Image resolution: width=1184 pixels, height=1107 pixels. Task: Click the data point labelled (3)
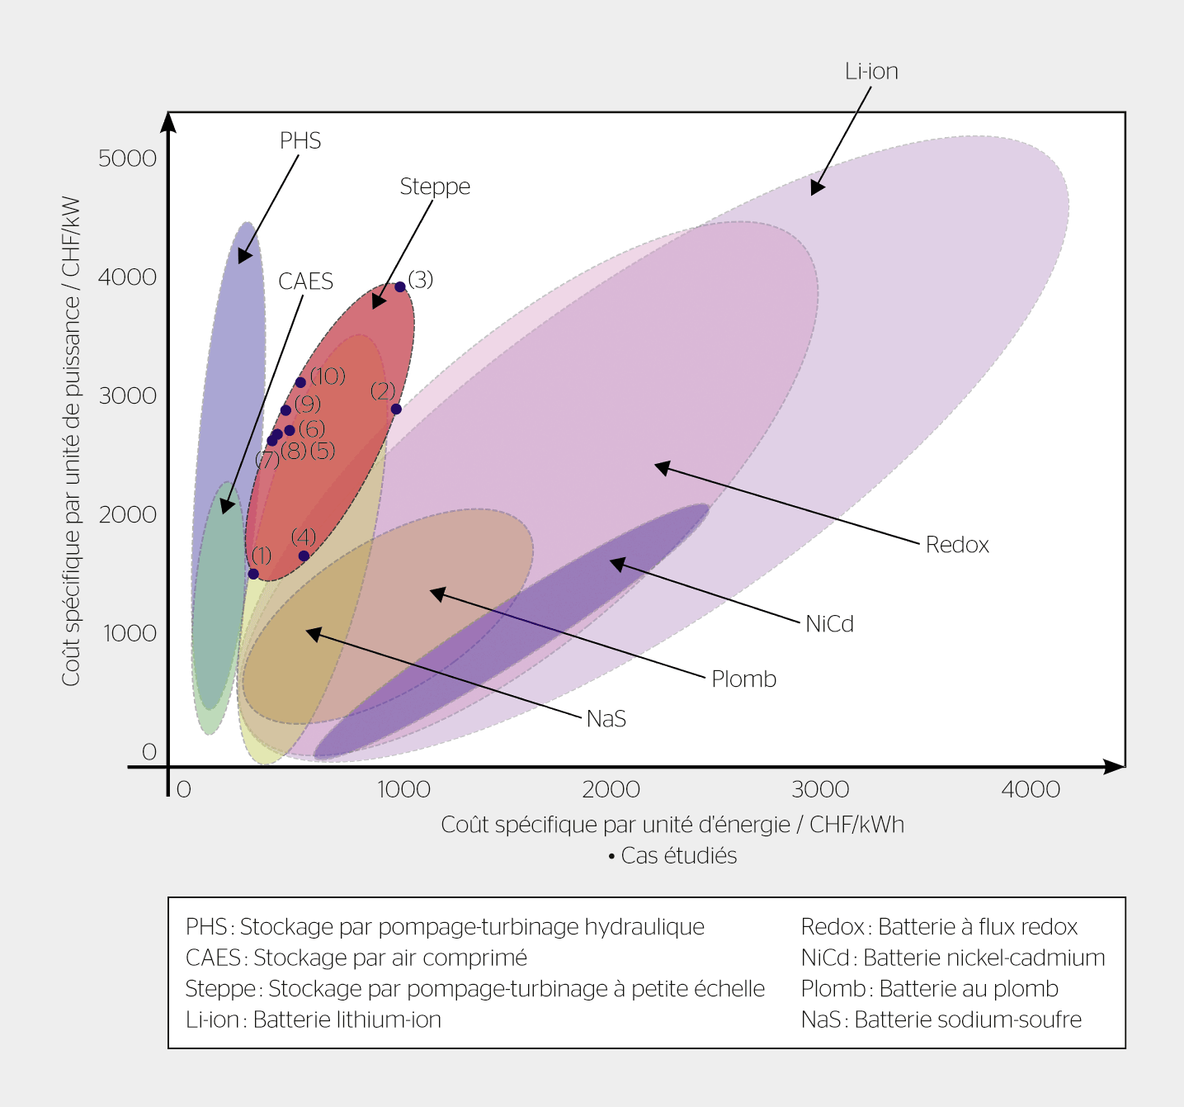(400, 286)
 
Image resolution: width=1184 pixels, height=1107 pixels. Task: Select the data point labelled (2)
(396, 409)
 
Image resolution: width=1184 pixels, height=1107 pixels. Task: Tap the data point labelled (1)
(253, 574)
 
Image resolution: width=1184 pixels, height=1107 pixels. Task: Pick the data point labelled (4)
(304, 556)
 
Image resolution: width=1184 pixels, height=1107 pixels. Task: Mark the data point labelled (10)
(300, 382)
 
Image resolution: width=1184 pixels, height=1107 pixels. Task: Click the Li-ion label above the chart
(871, 72)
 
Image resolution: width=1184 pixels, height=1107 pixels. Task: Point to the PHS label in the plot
(300, 141)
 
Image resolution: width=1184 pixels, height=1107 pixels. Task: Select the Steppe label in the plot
(435, 187)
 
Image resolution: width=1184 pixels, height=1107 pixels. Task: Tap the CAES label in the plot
(305, 281)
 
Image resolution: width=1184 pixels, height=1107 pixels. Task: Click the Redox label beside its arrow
(957, 545)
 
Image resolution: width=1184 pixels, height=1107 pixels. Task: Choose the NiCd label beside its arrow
(829, 624)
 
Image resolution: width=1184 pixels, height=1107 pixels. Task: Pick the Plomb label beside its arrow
(743, 679)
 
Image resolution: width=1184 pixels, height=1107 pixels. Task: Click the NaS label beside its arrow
(606, 719)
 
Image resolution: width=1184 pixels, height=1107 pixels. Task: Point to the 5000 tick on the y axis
(127, 158)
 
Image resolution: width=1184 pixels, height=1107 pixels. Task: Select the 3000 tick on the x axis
(820, 789)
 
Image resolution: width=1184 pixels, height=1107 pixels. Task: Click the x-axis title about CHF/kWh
(672, 825)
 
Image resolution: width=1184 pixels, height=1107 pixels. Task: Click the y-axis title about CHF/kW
(71, 441)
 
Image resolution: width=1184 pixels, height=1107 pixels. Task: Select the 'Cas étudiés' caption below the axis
(672, 856)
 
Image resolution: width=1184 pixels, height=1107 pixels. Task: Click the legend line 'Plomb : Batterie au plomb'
(929, 989)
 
